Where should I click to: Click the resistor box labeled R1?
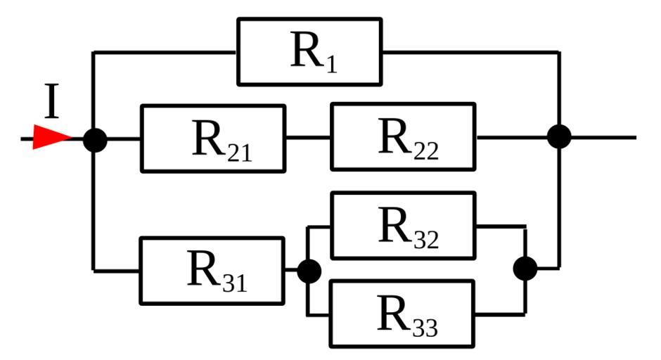pos(309,51)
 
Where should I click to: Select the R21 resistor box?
pos(212,139)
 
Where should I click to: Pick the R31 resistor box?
pos(212,271)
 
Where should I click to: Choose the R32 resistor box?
pos(402,226)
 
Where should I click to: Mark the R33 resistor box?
pos(402,314)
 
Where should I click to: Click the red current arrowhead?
pos(51,138)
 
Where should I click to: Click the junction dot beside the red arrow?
pos(95,139)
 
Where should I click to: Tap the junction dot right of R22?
pos(559,136)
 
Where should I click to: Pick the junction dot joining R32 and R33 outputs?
pos(525,268)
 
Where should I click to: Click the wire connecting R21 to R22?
pos(307,138)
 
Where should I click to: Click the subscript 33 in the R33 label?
pos(425,328)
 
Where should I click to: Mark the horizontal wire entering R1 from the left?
pos(165,52)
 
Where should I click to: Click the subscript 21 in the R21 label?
pos(239,153)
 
